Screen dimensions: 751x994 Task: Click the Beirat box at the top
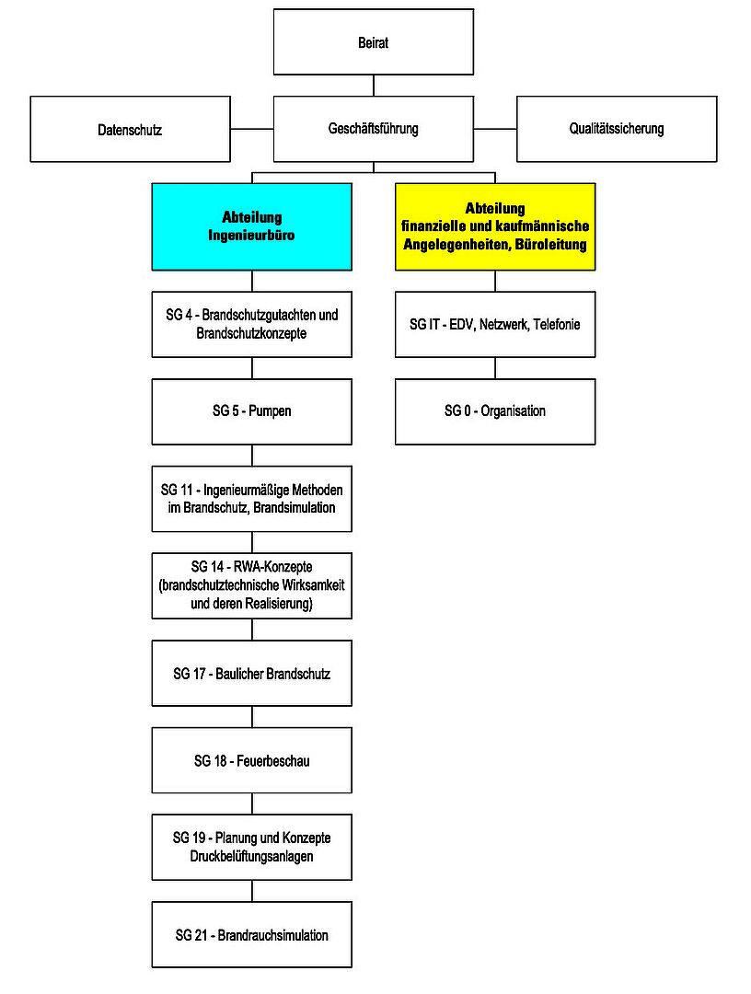[374, 41]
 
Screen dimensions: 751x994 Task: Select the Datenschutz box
[130, 130]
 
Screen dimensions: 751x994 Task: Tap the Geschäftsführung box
[374, 130]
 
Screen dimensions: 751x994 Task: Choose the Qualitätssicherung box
[617, 130]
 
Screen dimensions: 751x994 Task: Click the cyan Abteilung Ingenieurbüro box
[251, 227]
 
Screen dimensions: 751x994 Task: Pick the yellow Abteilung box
[495, 227]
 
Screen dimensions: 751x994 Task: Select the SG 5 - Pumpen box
[251, 411]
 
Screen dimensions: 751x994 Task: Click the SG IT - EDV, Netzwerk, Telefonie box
[495, 325]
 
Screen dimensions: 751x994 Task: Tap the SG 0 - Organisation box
[495, 411]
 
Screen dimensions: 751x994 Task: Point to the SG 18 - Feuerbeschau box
[251, 760]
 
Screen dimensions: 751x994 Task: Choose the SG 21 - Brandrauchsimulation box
[251, 934]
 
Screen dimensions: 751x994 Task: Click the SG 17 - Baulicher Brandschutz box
[251, 673]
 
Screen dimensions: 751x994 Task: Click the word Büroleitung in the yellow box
[550, 245]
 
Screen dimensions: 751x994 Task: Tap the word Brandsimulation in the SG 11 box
[295, 508]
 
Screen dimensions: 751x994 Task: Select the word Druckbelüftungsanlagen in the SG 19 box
[251, 857]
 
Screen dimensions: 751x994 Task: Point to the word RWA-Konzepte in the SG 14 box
[272, 567]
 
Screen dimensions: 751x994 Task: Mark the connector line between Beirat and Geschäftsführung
[374, 86]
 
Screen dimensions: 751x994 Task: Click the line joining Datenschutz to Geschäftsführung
[252, 130]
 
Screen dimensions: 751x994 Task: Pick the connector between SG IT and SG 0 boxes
[495, 368]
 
